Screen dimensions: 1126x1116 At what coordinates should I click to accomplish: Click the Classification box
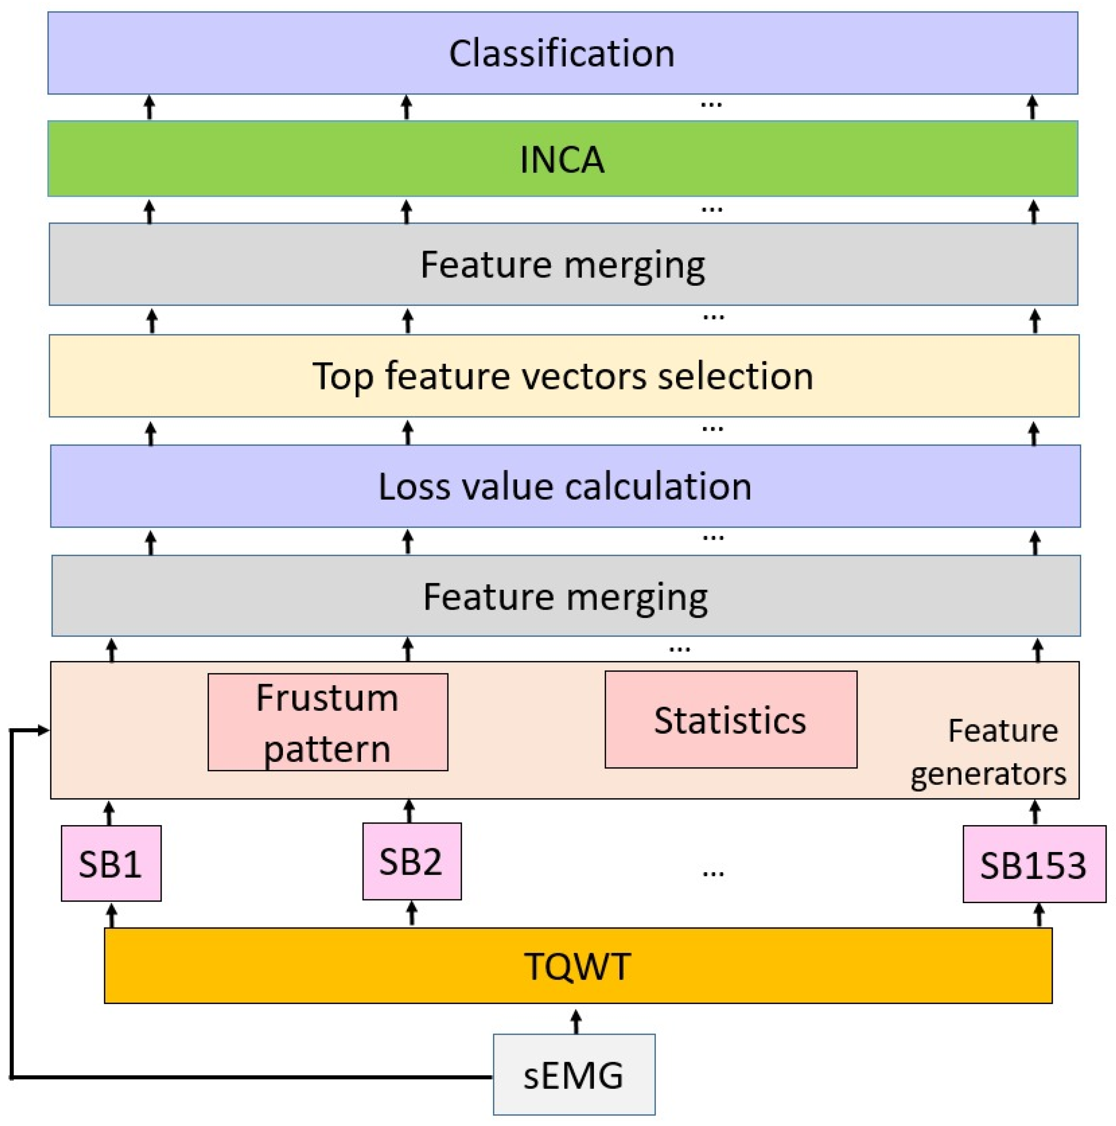[562, 53]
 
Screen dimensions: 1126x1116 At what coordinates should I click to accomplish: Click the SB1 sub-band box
[111, 864]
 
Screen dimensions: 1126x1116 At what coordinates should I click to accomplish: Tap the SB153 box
[1033, 865]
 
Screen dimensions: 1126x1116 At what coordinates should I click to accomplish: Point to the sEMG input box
[573, 1075]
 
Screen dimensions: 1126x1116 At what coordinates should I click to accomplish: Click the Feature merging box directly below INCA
[563, 264]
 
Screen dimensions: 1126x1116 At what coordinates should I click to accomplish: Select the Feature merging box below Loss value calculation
[565, 596]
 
